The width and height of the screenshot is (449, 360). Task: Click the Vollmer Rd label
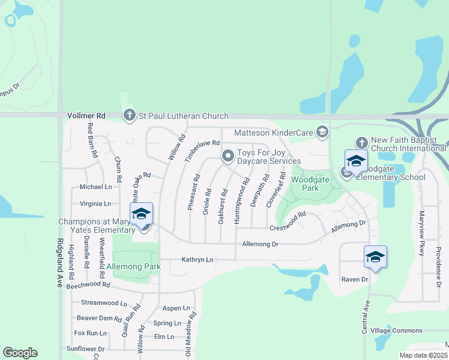[86, 115]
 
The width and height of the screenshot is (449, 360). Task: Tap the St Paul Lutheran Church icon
[129, 115]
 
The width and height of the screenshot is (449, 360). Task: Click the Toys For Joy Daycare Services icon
[228, 156]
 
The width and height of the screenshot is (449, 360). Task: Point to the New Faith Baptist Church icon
[361, 143]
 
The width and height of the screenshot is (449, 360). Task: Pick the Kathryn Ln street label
[197, 260]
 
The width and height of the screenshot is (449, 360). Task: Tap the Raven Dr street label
[354, 280]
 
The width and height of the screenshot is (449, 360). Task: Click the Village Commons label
[396, 331]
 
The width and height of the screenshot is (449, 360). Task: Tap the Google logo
[20, 353]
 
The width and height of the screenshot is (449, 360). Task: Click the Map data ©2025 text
[423, 355]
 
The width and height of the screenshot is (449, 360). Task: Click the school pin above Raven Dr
[375, 256]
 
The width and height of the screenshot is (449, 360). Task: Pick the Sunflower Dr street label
[85, 349]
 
